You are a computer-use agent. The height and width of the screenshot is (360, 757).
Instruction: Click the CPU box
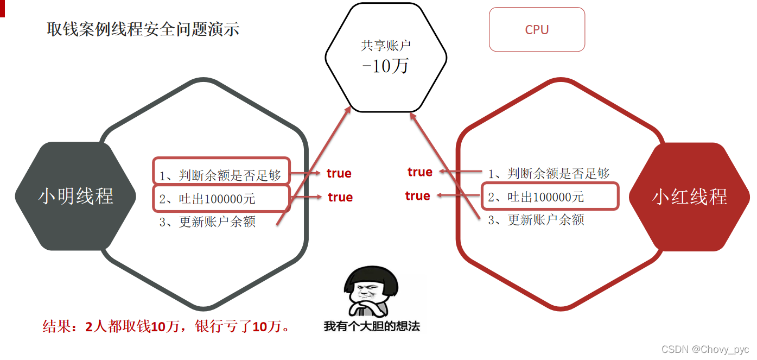[x=537, y=30]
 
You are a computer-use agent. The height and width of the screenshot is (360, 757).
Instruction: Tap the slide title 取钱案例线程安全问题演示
[x=143, y=29]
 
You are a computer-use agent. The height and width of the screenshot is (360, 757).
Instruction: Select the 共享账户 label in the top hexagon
[x=386, y=46]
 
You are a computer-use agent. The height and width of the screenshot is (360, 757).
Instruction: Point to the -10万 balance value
[x=385, y=67]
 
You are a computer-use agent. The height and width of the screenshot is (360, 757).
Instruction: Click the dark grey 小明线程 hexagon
[x=75, y=196]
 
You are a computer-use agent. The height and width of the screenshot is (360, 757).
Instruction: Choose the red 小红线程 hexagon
[x=689, y=197]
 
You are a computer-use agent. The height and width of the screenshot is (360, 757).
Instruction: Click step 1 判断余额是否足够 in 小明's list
[x=220, y=175]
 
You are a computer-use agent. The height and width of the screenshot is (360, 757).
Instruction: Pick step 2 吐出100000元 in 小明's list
[x=207, y=199]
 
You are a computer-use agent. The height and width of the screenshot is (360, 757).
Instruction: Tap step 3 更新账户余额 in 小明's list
[x=207, y=222]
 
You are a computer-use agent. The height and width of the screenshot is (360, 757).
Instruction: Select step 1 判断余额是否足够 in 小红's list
[x=549, y=174]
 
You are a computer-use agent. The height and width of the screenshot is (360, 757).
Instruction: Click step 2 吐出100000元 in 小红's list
[x=536, y=197]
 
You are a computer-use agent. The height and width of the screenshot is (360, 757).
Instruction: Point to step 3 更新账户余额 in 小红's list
[x=536, y=220]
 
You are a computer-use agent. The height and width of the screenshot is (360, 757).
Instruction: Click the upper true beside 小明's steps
[x=339, y=173]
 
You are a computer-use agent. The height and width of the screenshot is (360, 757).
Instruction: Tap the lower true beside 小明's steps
[x=340, y=197]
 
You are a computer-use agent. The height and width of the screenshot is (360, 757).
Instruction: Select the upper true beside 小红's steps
[x=420, y=172]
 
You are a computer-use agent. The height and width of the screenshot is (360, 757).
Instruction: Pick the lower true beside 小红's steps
[x=418, y=195]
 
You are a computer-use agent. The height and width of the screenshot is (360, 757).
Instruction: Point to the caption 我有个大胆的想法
[x=372, y=326]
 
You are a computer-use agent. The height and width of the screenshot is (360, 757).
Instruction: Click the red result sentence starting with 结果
[x=167, y=326]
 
